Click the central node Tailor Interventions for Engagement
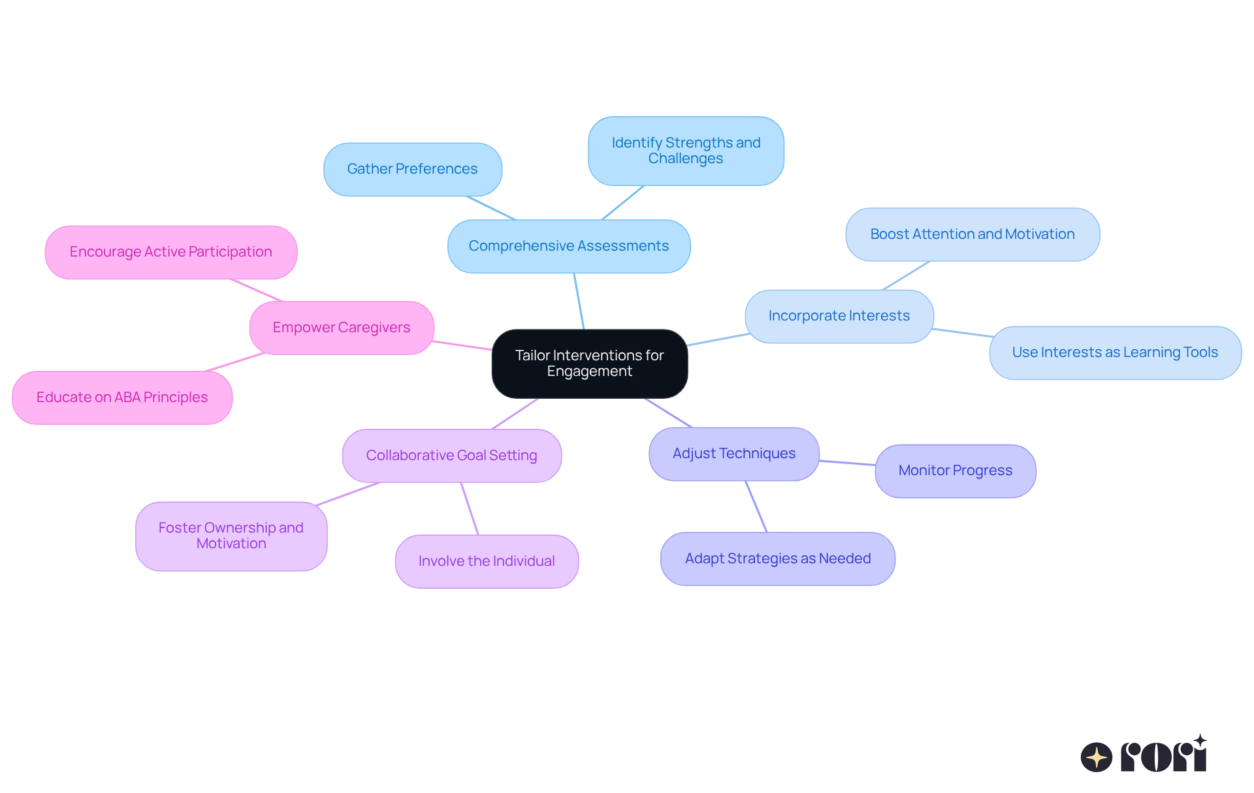click(589, 364)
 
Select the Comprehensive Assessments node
click(568, 246)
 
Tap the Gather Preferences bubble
click(412, 169)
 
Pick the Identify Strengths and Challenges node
click(686, 151)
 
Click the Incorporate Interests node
click(839, 316)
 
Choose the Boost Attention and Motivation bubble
click(972, 234)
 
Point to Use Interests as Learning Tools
click(1115, 352)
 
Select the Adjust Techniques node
click(733, 454)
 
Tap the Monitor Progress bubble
click(955, 471)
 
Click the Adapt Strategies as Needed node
click(777, 559)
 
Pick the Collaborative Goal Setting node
click(451, 456)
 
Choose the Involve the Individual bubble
click(487, 561)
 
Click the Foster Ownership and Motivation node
click(231, 536)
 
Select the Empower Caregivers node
click(341, 328)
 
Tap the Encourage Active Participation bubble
click(170, 252)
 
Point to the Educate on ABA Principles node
click(122, 397)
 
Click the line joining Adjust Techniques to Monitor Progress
click(847, 463)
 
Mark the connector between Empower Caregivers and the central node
click(462, 345)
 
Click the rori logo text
click(1163, 756)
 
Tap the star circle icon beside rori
click(1096, 757)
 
